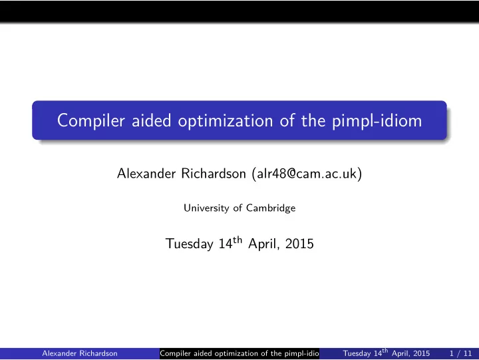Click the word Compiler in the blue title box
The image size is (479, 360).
click(91, 121)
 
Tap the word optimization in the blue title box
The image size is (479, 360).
click(226, 121)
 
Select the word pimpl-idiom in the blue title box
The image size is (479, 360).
click(377, 121)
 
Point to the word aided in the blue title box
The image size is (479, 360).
click(152, 120)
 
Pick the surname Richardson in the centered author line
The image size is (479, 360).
click(214, 174)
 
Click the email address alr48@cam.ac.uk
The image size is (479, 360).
click(307, 174)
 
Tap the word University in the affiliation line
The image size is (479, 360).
click(206, 208)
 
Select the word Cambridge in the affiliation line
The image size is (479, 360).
click(271, 208)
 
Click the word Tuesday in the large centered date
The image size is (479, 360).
click(190, 244)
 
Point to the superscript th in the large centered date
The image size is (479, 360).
click(238, 240)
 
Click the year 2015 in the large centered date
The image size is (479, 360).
click(299, 244)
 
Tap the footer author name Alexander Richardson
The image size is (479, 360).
click(80, 353)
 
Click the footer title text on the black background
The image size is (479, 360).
click(239, 353)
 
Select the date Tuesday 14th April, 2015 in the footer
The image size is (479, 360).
click(386, 353)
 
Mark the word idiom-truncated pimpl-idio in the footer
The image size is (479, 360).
click(302, 353)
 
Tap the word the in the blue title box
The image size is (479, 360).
click(313, 120)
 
